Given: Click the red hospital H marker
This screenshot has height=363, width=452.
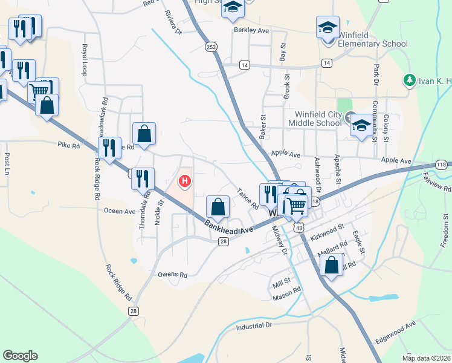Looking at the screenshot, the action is coord(184,181).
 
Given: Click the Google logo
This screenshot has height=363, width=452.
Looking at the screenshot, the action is coord(20,356).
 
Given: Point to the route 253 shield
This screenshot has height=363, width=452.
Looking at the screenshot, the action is coord(210,47).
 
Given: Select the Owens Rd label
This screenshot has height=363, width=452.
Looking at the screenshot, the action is coord(173,275).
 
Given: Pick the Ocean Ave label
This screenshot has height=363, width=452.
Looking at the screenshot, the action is coord(120,211).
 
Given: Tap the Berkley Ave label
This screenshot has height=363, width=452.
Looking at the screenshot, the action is coord(251,30).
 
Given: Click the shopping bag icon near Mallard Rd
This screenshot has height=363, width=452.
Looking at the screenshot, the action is coord(332,264).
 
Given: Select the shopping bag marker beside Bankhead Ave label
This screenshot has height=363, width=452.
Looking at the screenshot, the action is coord(218,207).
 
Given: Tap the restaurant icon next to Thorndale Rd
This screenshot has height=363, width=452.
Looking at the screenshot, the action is coord(143,178).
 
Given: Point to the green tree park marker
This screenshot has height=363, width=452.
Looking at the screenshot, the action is coord(409,79).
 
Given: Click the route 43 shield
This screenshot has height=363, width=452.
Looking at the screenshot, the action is coord(299,227).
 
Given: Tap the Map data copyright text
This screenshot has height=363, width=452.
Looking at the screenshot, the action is coord(427,358).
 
